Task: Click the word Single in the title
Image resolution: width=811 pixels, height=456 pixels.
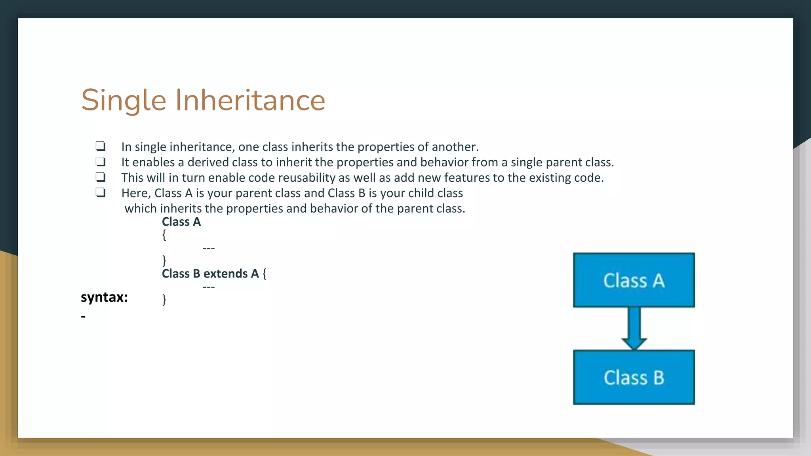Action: [x=124, y=101]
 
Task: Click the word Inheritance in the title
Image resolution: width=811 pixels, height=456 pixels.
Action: [x=250, y=101]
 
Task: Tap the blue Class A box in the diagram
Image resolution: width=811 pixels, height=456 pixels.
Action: [x=634, y=280]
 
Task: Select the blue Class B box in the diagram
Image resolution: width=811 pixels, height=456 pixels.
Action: [x=634, y=377]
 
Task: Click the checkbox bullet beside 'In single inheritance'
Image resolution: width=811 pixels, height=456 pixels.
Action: [x=101, y=146]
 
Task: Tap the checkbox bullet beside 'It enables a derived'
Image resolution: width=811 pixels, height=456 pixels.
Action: [x=101, y=161]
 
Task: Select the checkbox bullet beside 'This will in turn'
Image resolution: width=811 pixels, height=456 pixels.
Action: [x=101, y=177]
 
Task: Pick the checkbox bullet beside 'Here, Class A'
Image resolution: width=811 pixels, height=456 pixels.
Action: [x=101, y=192]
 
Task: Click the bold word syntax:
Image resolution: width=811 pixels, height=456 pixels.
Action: [x=104, y=297]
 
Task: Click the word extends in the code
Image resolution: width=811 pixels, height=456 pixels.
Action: [x=225, y=274]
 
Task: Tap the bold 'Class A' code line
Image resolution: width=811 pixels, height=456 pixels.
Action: [x=181, y=222]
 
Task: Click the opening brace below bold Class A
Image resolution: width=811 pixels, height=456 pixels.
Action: [x=164, y=235]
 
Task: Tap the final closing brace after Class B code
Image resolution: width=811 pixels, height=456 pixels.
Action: [x=164, y=299]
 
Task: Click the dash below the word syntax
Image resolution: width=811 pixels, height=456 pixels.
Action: [x=83, y=316]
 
